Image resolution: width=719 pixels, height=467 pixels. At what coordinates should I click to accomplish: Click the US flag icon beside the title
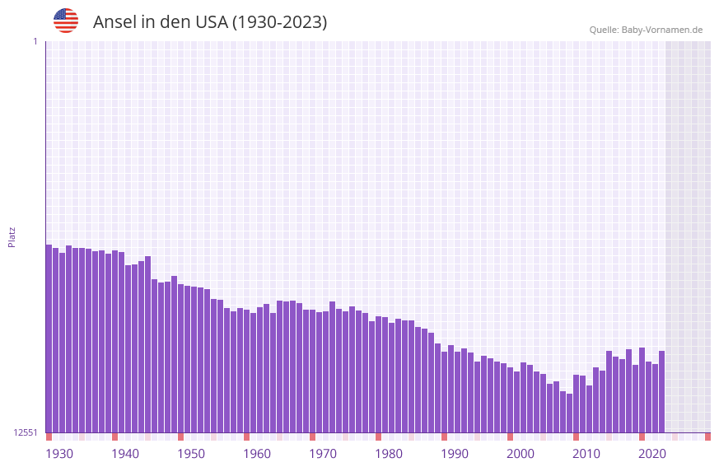coord(66,21)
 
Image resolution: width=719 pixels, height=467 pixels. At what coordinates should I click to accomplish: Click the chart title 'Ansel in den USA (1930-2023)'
coord(210,22)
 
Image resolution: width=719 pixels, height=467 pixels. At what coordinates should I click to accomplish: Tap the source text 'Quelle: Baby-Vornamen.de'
coord(646,30)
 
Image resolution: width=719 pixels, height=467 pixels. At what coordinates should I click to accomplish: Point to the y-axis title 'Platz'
coord(12,237)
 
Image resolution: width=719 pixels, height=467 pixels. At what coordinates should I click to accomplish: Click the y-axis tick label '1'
coord(35,41)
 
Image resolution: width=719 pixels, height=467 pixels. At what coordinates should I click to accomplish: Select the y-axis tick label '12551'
coord(26,432)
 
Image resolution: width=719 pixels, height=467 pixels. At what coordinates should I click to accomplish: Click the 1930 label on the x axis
coord(59,454)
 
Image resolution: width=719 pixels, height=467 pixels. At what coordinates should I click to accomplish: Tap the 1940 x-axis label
coord(125,454)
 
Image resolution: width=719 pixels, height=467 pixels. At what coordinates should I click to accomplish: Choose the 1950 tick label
coord(191,454)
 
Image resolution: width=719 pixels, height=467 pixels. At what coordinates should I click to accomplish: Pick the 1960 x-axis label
coord(257,454)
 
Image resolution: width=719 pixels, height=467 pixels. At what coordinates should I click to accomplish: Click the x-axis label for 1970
coord(323,454)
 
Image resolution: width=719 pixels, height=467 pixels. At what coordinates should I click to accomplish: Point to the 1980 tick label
coord(389,454)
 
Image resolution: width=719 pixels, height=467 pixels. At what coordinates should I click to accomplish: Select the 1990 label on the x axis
coord(455,454)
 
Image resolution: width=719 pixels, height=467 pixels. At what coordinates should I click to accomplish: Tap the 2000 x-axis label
coord(521,454)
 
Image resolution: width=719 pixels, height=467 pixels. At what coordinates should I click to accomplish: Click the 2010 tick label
coord(586,454)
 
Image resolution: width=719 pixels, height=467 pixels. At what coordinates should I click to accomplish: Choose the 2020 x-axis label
coord(652,454)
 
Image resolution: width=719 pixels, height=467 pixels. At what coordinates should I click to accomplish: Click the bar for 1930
coord(49,338)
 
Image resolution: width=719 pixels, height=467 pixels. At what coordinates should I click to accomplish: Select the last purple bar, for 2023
coord(661,391)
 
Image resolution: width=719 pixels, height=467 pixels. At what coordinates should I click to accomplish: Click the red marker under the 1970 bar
coord(312,437)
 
